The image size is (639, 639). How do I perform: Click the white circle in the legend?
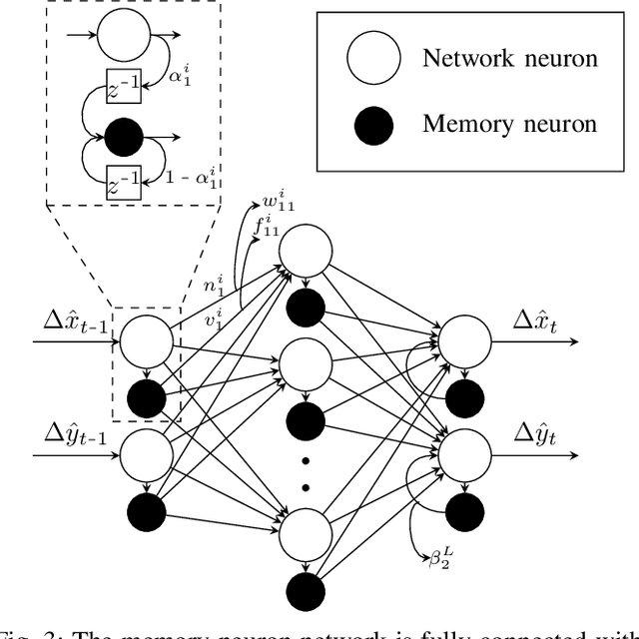374,60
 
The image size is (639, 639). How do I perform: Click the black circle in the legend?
374,124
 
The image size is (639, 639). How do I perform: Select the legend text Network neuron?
510,59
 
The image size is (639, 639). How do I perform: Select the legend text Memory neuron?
510,124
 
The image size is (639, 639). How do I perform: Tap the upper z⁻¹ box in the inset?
130,93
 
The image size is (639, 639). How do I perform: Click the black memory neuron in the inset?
130,136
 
